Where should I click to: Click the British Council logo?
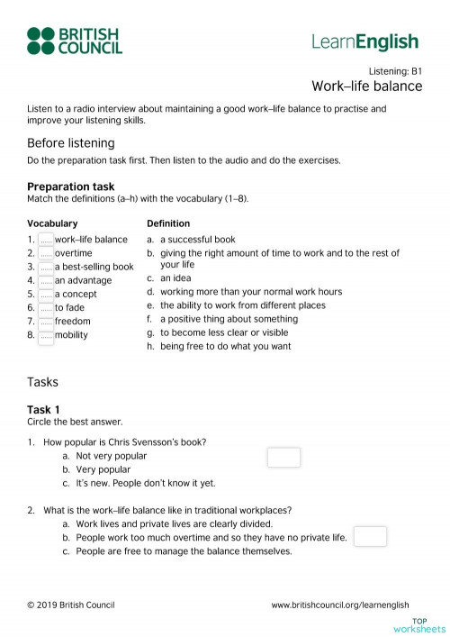click(x=74, y=41)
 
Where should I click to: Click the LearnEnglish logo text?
click(x=364, y=41)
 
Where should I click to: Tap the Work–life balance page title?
click(x=366, y=86)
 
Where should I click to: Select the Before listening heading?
click(x=71, y=143)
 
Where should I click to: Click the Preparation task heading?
click(x=70, y=187)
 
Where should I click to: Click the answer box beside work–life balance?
click(x=46, y=240)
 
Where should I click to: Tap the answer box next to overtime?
click(x=46, y=253)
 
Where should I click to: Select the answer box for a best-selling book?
click(x=46, y=267)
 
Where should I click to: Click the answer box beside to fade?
click(x=46, y=307)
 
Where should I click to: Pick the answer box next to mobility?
click(x=46, y=334)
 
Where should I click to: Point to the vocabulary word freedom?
click(x=72, y=321)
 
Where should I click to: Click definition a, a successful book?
click(x=197, y=240)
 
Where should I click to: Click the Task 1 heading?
click(x=43, y=410)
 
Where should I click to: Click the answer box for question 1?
click(x=283, y=458)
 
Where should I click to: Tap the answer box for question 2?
click(x=370, y=537)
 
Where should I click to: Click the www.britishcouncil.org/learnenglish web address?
click(x=340, y=605)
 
